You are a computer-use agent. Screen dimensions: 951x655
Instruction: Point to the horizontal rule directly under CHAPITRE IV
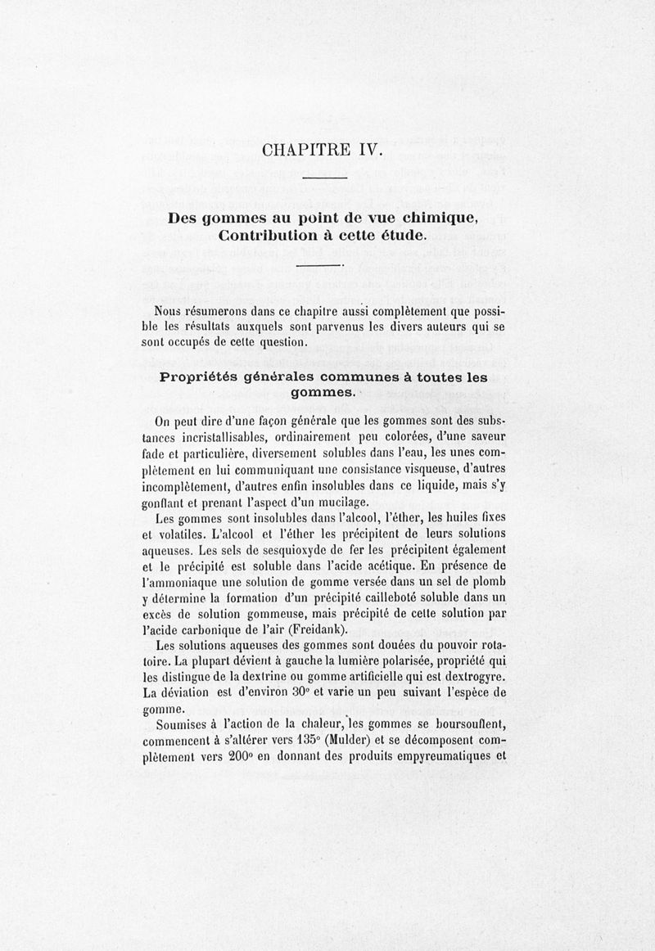[326, 178]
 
